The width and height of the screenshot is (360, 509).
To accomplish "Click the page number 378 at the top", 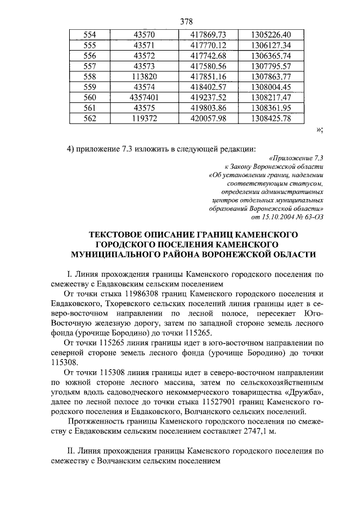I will pos(186,22).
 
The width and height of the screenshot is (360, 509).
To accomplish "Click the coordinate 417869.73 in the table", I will pos(208,34).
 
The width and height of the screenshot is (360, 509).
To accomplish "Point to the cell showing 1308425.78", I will pos(272,118).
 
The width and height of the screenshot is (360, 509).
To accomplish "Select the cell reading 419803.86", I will pos(208,107).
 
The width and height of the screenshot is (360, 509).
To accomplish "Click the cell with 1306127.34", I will pos(272,44).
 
